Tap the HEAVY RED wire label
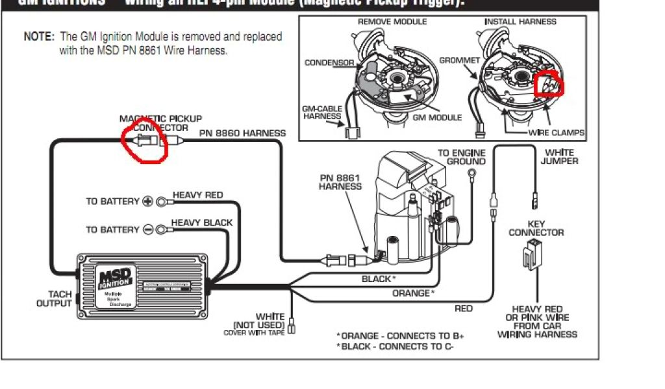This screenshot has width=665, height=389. (197, 195)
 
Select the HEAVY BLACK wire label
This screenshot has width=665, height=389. (201, 223)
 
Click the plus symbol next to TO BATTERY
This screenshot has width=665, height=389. (148, 202)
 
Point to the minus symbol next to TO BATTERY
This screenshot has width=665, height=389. (148, 230)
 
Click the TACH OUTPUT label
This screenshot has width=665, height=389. (54, 299)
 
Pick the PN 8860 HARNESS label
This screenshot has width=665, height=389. (242, 134)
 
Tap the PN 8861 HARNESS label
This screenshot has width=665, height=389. (340, 182)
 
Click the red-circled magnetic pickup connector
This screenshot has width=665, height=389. (145, 140)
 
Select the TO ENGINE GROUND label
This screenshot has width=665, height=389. (462, 158)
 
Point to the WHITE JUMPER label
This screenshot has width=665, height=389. (559, 156)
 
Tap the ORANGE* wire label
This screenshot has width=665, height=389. (413, 293)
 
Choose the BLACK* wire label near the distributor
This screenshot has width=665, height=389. (378, 279)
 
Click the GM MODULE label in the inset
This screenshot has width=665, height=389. (437, 117)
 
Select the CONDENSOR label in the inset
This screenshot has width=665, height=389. (329, 63)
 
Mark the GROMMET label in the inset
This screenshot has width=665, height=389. (459, 60)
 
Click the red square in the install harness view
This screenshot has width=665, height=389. (549, 84)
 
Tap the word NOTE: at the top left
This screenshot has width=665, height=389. (39, 37)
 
